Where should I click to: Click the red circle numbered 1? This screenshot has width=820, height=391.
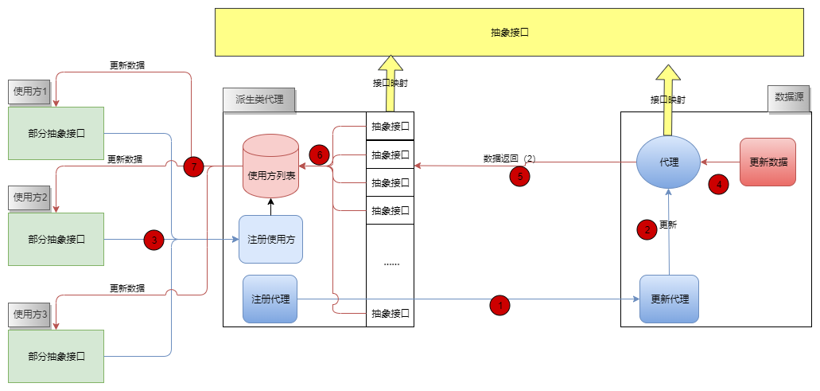click(499, 304)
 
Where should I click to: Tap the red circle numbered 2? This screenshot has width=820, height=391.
click(647, 229)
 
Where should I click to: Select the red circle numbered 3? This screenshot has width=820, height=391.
click(154, 240)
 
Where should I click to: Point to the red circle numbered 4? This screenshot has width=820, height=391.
click(719, 184)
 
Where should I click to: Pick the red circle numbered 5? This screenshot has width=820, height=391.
click(519, 177)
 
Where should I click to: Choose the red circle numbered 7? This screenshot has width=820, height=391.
click(193, 167)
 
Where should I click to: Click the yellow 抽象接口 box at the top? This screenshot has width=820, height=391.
click(509, 33)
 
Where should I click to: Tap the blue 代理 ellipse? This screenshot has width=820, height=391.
click(669, 162)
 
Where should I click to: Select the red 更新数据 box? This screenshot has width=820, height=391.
click(768, 162)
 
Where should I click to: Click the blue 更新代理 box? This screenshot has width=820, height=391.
click(669, 299)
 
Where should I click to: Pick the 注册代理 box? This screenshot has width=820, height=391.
click(270, 299)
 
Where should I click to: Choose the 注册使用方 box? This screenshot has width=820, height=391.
click(270, 239)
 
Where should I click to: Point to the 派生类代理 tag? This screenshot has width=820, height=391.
click(259, 100)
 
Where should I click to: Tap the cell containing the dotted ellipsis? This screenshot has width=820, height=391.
click(391, 261)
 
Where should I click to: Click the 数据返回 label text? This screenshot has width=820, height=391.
click(501, 158)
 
